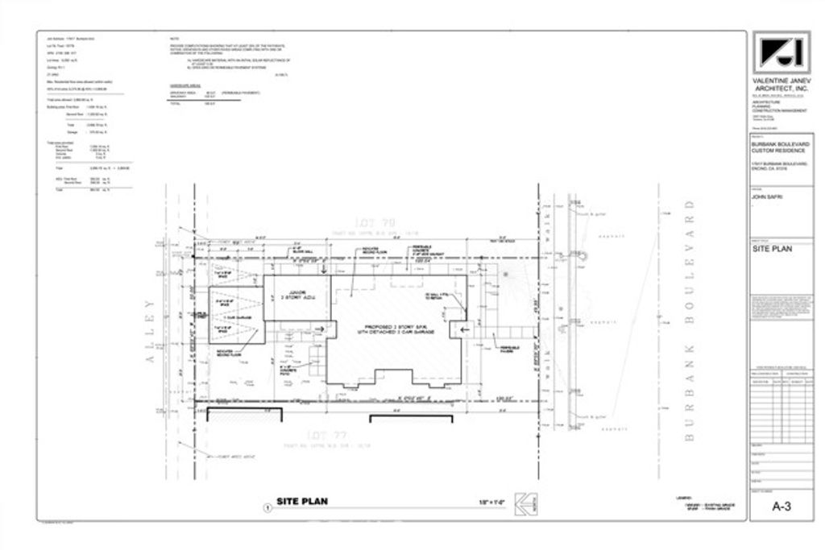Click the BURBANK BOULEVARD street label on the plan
pyautogui.click(x=688, y=327)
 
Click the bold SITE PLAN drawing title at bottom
pyautogui.click(x=302, y=501)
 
